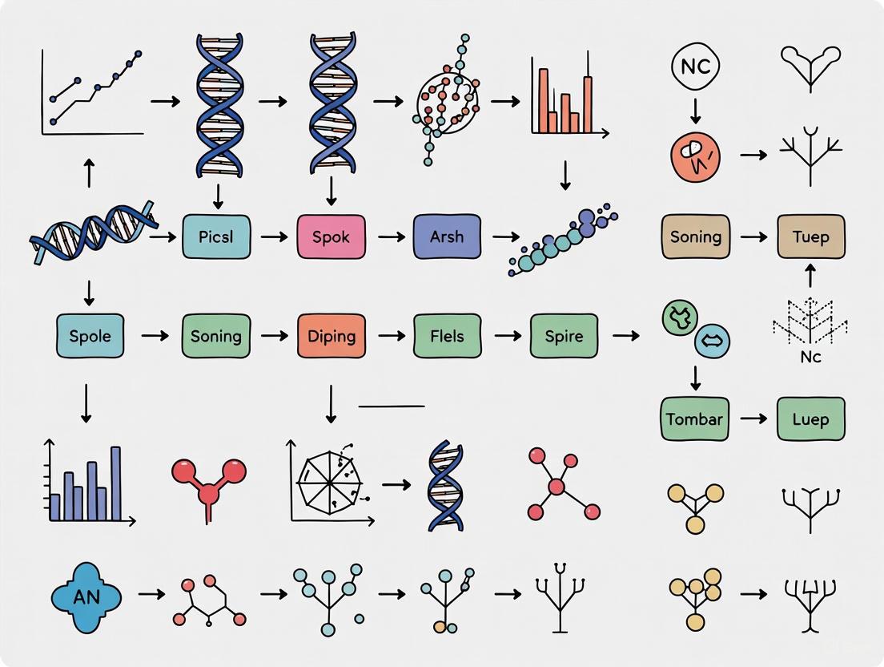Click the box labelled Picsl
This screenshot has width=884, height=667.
tap(216, 236)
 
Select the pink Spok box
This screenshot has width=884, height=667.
tap(331, 236)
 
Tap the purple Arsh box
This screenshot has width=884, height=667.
tap(447, 236)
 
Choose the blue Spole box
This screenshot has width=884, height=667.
tap(90, 335)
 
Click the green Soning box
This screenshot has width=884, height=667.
tap(216, 335)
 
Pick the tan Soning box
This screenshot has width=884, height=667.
tap(695, 236)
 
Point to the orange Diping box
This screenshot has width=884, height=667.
tap(331, 335)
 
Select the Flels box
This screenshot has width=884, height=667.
tap(447, 335)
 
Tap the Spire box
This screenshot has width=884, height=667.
tap(564, 335)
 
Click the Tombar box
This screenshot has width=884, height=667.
tap(695, 418)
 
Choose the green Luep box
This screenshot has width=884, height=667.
tap(810, 418)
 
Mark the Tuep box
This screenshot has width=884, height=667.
tap(810, 236)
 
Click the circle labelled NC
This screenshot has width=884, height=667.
tap(695, 67)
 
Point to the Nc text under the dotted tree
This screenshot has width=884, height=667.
tap(810, 357)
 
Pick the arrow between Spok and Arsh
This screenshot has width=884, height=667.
tap(391, 237)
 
